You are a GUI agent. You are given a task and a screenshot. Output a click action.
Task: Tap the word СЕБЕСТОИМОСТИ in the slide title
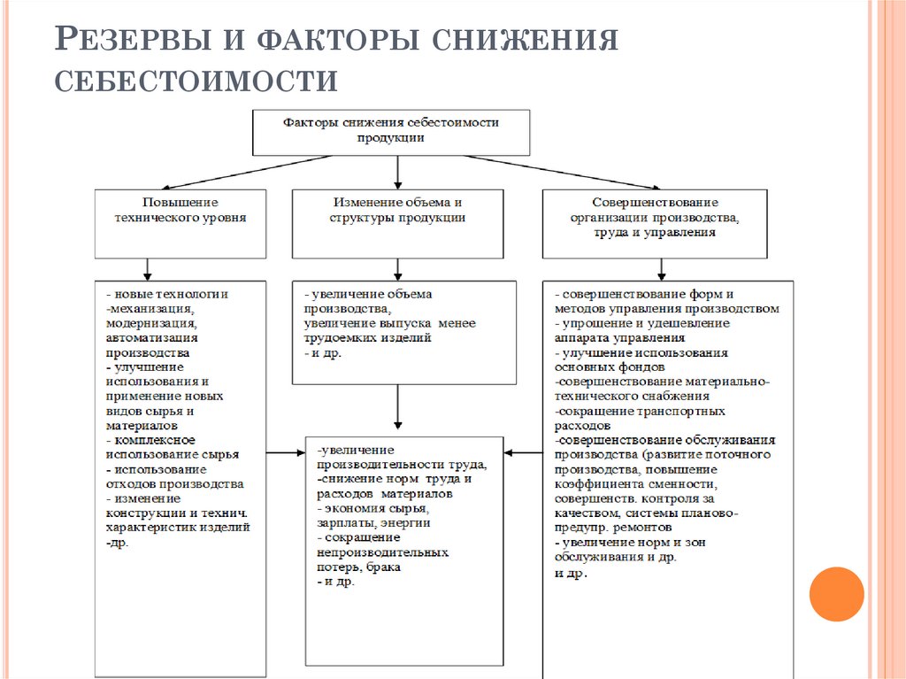click(x=196, y=81)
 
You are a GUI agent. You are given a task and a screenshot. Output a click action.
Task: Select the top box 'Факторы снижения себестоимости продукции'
click(x=392, y=131)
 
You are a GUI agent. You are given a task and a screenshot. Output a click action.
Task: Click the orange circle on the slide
click(x=836, y=594)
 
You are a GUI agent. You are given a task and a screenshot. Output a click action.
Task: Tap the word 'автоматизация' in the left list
click(x=152, y=337)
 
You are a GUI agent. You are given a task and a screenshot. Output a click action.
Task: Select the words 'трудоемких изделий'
click(x=367, y=337)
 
